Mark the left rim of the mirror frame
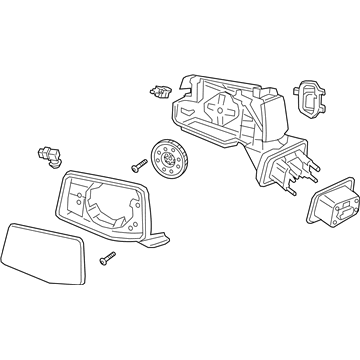[62, 195]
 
